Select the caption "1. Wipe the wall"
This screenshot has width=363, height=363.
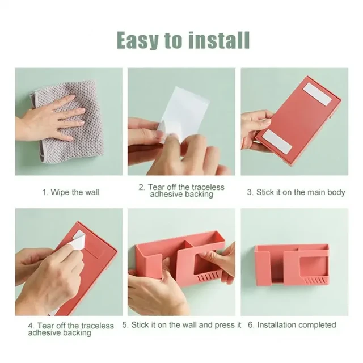70,192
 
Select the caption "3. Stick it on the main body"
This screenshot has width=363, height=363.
296,192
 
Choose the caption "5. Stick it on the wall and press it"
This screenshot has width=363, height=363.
181,325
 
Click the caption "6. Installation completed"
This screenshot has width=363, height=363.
292,325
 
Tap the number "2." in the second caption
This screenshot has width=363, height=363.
142,187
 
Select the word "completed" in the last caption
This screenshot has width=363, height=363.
316,325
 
